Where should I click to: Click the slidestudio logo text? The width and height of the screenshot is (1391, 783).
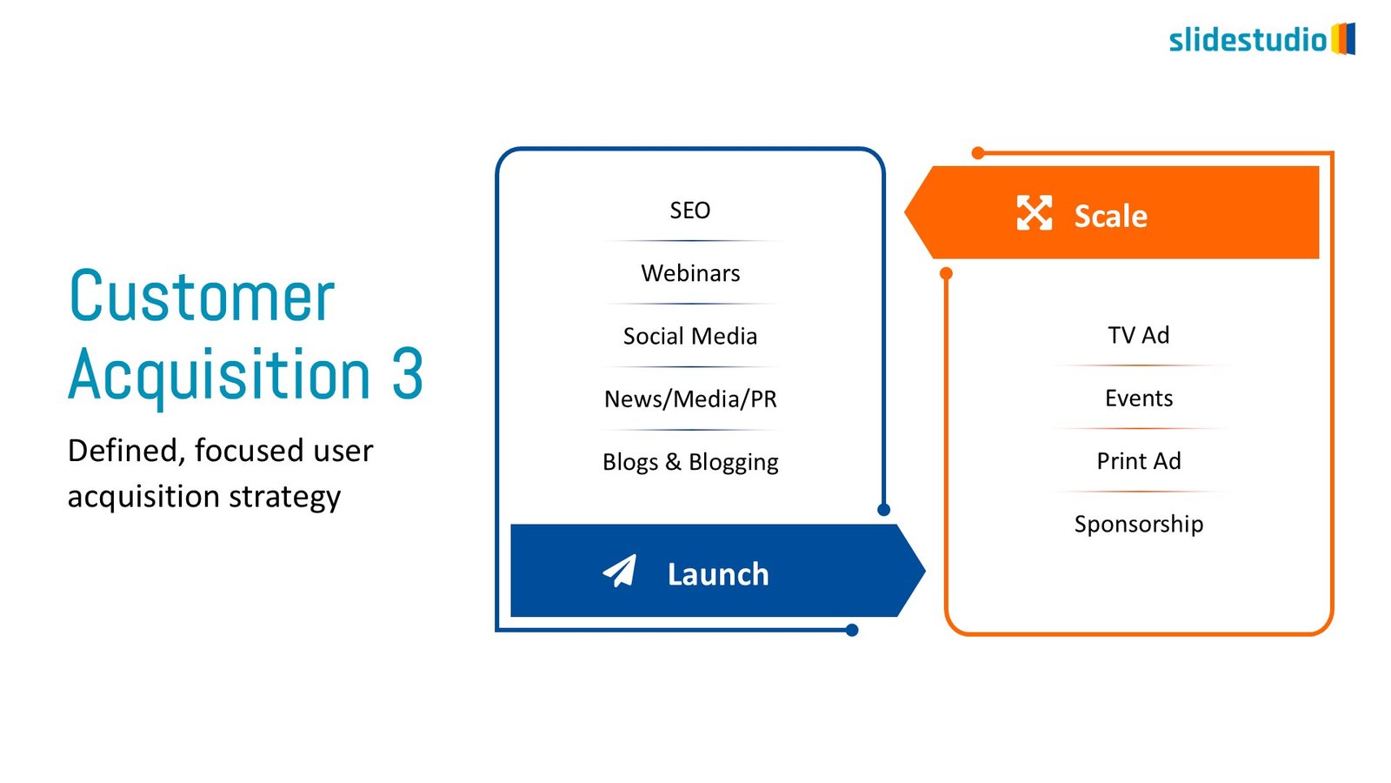[1248, 40]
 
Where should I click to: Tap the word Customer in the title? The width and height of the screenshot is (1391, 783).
[202, 297]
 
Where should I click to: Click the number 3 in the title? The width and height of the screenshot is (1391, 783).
[407, 374]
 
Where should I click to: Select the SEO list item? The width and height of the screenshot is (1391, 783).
[690, 211]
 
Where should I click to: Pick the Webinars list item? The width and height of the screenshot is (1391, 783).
[690, 273]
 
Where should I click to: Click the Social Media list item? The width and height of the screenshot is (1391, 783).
[690, 336]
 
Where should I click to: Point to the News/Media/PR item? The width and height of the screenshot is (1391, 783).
[690, 399]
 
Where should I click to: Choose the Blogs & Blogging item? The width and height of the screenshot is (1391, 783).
[690, 462]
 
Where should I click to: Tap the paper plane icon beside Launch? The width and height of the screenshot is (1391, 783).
[620, 572]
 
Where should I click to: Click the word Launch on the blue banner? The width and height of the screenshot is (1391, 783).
[718, 574]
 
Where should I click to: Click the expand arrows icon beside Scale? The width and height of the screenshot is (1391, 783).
[1034, 213]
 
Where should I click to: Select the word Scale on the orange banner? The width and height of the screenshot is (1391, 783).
[1110, 216]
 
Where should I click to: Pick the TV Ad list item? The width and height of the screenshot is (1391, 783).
[1139, 335]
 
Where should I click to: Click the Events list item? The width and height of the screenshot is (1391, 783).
[1139, 398]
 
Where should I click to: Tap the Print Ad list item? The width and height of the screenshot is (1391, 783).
[1139, 461]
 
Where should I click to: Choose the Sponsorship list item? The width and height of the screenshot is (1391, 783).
[1139, 524]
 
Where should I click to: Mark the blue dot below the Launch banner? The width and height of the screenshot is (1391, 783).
[852, 630]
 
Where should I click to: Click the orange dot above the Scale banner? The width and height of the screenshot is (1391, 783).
[978, 153]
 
